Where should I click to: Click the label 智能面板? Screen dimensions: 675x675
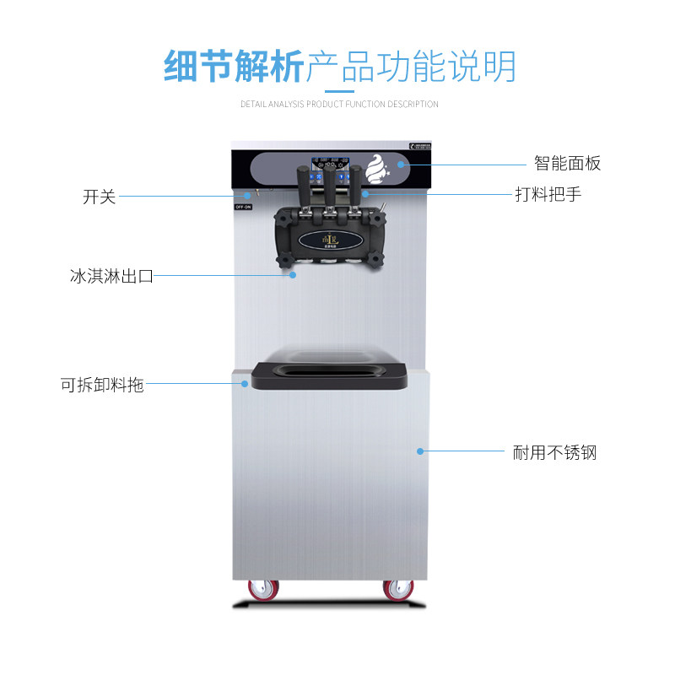(x=567, y=164)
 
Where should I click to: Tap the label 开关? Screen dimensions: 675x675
(x=99, y=197)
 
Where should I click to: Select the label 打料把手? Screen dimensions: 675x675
(x=548, y=194)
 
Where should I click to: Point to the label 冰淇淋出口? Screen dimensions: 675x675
(x=111, y=276)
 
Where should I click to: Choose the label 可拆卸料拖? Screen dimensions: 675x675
(x=102, y=385)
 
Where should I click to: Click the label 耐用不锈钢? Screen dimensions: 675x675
(x=554, y=453)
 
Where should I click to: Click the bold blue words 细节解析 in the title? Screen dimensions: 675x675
(x=233, y=66)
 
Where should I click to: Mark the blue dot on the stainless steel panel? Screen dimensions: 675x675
(x=418, y=451)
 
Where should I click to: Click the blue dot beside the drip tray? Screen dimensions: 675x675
(x=246, y=384)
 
